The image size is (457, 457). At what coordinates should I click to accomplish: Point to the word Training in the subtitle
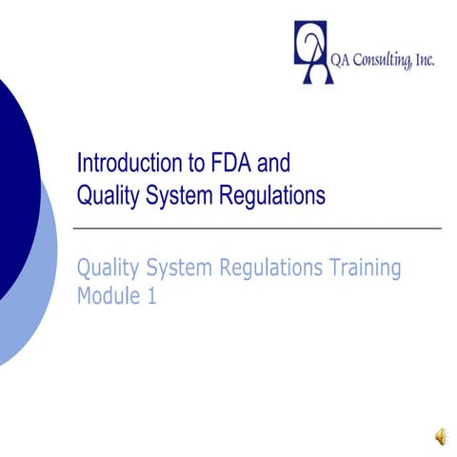click(x=361, y=268)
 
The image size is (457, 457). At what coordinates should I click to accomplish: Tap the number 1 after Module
click(x=150, y=295)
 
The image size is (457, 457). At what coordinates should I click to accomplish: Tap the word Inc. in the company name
click(x=426, y=61)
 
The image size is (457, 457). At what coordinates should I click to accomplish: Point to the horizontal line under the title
click(x=257, y=229)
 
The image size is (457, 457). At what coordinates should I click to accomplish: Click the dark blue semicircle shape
click(x=14, y=181)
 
